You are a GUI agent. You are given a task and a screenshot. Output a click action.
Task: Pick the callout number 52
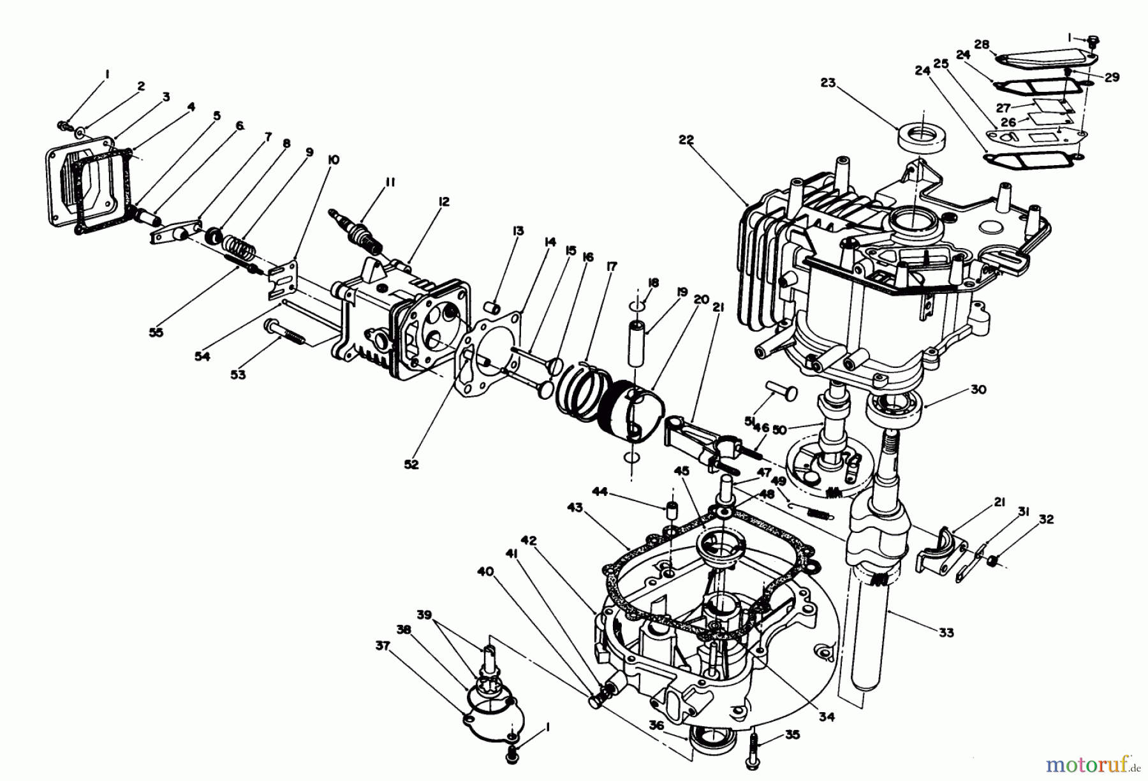pos(411,464)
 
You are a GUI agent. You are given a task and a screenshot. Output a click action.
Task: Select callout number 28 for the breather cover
pos(982,44)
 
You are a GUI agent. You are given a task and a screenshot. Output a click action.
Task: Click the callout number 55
pos(156,332)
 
